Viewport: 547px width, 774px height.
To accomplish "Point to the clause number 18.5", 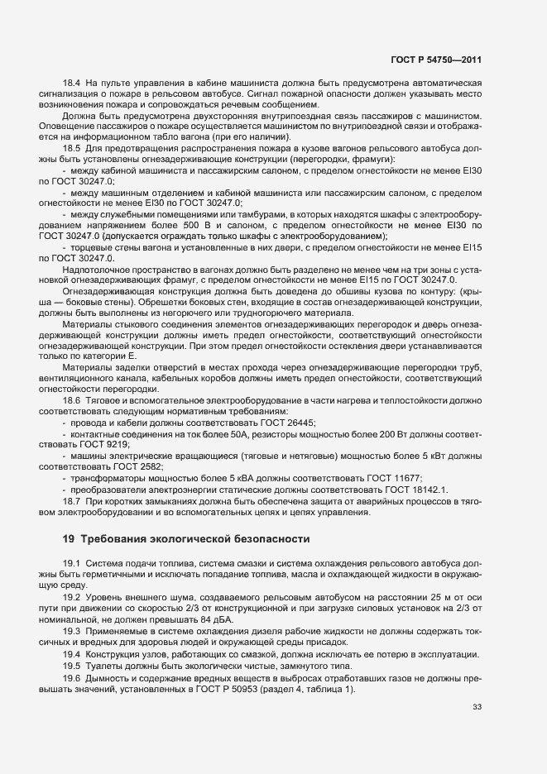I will point(71,148).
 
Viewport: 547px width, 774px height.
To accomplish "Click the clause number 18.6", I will point(71,400).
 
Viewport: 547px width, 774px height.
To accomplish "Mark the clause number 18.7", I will point(71,501).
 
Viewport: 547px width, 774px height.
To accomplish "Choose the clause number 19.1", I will point(71,563).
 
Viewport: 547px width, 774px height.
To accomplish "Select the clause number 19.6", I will point(71,678).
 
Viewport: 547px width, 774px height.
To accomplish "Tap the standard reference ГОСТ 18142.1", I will point(411,490).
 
